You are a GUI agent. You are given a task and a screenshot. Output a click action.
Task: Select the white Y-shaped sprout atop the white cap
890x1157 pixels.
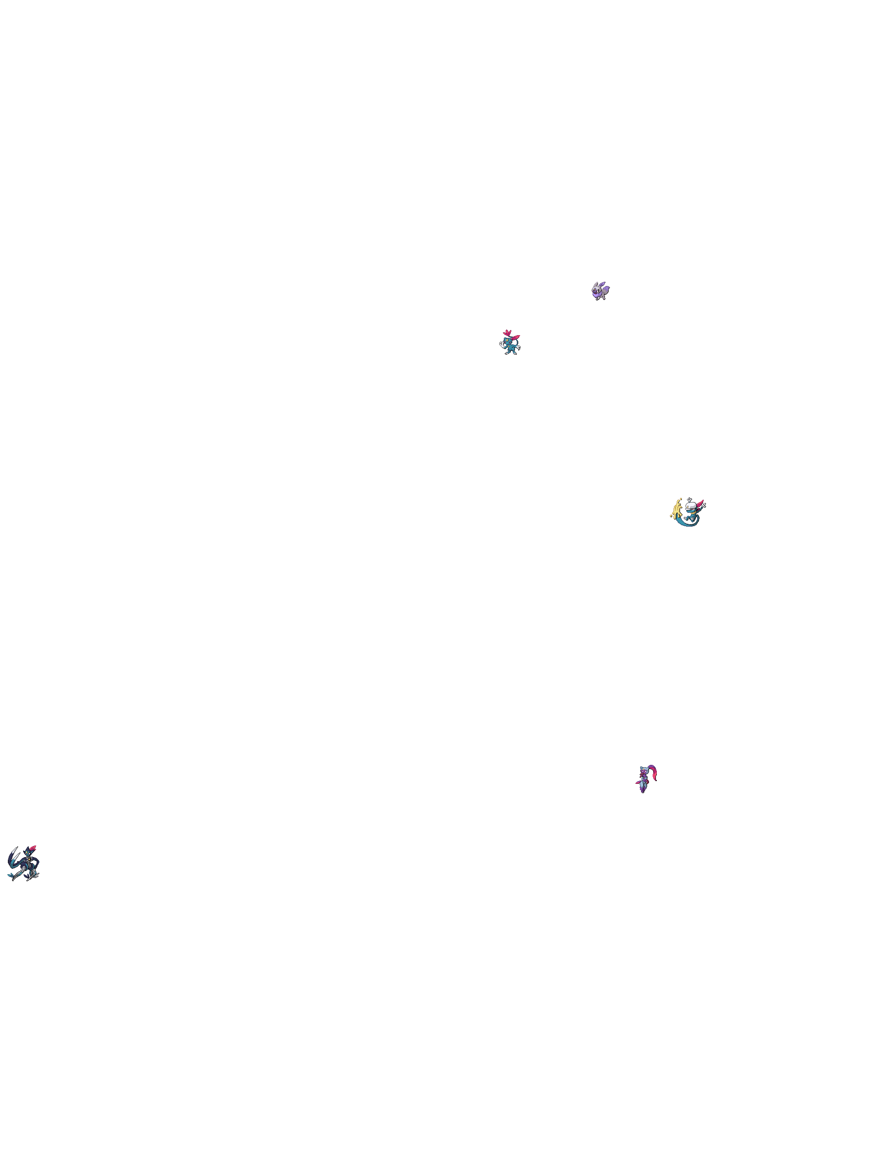(689, 500)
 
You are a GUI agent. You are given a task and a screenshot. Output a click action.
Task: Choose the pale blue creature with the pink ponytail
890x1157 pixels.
(644, 782)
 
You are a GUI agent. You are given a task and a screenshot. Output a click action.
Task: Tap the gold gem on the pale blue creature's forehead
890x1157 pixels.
(644, 770)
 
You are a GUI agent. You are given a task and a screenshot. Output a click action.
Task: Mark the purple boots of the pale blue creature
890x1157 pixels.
(643, 789)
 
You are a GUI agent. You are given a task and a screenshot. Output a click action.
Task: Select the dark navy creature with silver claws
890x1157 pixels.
(24, 864)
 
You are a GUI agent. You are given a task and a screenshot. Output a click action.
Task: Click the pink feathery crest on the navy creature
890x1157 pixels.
(33, 848)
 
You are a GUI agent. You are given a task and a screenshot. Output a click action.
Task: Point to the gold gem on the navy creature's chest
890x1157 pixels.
(30, 859)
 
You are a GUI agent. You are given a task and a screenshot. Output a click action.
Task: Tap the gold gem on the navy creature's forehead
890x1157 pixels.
(26, 852)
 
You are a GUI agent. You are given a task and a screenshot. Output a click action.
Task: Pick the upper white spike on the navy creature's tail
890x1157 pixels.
(15, 850)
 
